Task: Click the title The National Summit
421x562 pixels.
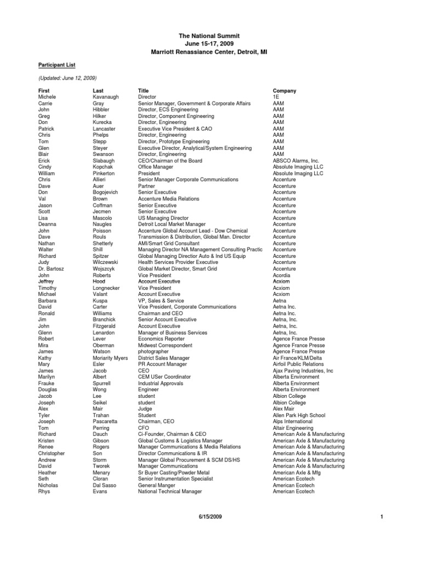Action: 209,36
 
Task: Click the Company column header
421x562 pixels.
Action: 285,91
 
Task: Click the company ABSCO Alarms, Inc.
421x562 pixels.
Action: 296,161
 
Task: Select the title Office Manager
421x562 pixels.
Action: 157,167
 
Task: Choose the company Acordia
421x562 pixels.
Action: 283,275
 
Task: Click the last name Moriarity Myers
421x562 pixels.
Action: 110,358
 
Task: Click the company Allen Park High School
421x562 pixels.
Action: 299,415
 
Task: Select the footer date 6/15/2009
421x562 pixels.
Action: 209,517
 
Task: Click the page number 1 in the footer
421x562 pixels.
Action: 380,517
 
